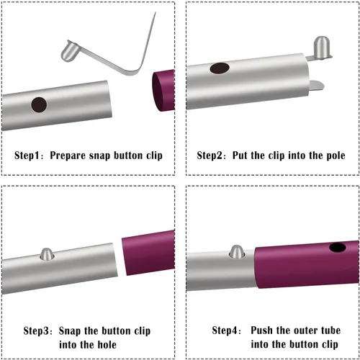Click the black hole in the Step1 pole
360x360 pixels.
[x=39, y=105]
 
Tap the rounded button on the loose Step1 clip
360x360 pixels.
[x=69, y=51]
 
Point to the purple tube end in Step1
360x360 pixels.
[x=163, y=91]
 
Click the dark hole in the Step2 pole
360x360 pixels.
[x=220, y=68]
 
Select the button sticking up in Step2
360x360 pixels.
[x=321, y=48]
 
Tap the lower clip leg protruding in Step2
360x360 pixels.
[x=316, y=86]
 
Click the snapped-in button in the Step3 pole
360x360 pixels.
[x=47, y=254]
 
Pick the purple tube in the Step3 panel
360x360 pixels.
[x=148, y=253]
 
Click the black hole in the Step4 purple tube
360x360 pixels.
[x=338, y=248]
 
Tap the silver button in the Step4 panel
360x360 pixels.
[x=237, y=251]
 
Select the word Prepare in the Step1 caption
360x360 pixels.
[x=68, y=156]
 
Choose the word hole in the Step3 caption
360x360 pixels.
[x=107, y=345]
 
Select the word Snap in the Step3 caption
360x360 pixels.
[x=70, y=331]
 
